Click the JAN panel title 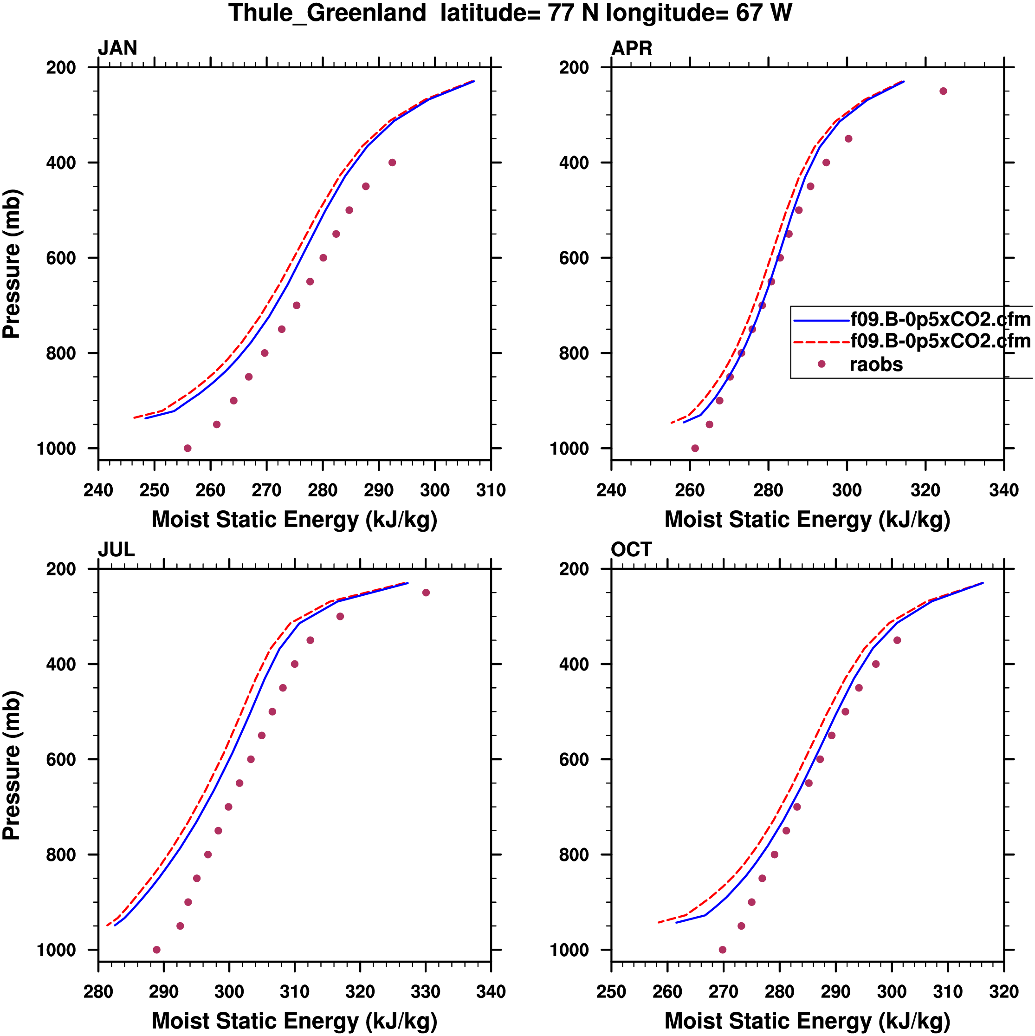click(117, 48)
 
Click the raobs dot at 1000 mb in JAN click(188, 448)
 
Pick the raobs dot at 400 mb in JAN click(392, 163)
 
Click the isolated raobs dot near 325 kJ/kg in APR click(944, 91)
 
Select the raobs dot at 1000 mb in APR click(695, 448)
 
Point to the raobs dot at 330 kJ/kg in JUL click(426, 593)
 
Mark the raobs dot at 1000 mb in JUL click(156, 950)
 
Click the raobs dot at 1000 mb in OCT click(723, 950)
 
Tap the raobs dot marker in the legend click(822, 364)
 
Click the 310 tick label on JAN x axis click(491, 490)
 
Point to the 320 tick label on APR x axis click(925, 490)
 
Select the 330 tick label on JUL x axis click(426, 991)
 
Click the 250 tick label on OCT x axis click(612, 991)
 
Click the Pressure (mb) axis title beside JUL click(12, 765)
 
